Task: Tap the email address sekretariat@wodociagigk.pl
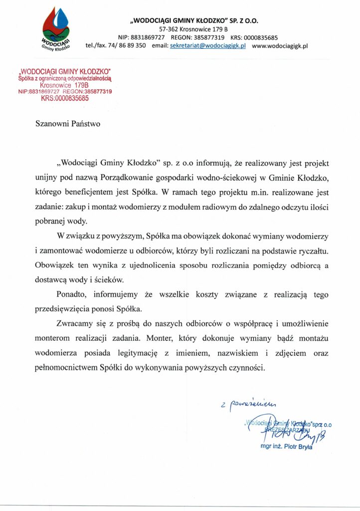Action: (205, 45)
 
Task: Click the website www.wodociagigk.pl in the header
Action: (280, 45)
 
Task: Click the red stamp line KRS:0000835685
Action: (65, 98)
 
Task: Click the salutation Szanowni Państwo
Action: (68, 124)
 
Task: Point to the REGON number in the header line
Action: (199, 37)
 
